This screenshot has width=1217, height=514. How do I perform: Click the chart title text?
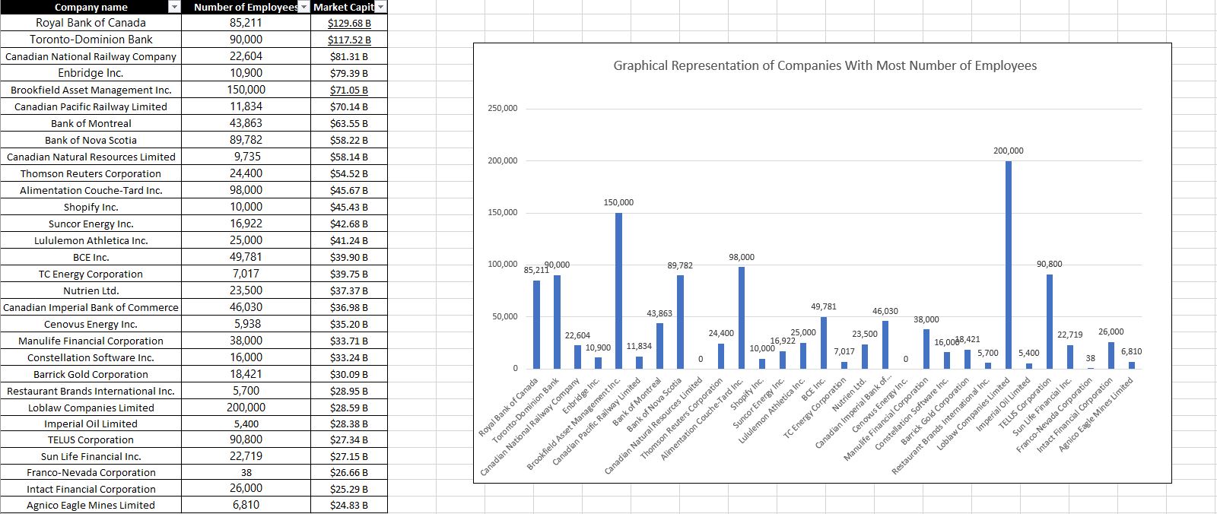coord(825,65)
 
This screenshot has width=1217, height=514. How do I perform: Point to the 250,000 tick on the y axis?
coord(502,109)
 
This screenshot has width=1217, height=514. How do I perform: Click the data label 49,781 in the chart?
coord(824,306)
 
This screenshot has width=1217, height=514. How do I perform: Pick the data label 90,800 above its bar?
coord(1049,264)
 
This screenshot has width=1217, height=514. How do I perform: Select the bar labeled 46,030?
coord(885,344)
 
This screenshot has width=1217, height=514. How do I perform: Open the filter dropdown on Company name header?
coord(174,7)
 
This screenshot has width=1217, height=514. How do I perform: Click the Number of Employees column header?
coord(245,7)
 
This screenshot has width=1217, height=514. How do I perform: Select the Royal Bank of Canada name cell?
coord(91,23)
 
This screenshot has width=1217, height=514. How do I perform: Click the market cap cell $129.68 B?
coord(349,23)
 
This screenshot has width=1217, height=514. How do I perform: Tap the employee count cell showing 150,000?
coord(246,90)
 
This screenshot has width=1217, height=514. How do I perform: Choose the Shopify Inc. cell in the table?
coord(91,207)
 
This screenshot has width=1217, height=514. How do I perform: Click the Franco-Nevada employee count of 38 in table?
coord(246,472)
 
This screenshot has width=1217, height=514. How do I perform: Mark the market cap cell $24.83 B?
coord(349,506)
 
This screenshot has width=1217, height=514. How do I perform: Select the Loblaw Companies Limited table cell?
coord(91,408)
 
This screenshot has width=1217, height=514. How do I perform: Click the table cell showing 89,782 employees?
coord(246,140)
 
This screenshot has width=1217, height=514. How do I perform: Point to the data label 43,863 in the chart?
coord(659,313)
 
